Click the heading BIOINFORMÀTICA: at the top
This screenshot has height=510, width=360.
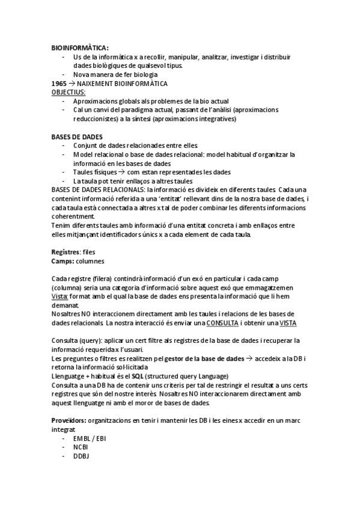[80, 48]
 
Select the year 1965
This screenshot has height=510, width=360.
[58, 83]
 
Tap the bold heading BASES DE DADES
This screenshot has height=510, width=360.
[77, 137]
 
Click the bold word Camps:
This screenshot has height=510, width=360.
[63, 261]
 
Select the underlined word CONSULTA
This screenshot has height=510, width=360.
[222, 323]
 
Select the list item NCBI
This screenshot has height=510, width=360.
[81, 447]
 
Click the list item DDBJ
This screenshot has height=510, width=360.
[81, 456]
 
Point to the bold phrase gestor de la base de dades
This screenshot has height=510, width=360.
[204, 358]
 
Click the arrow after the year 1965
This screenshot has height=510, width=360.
[71, 83]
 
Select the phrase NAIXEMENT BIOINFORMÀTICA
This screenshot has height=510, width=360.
[121, 83]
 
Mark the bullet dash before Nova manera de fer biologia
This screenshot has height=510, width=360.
[64, 75]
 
